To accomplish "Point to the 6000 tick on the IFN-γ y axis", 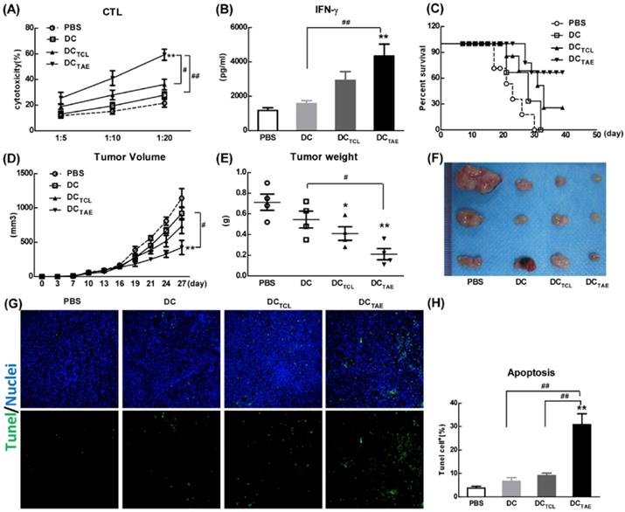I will [x=233, y=27].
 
